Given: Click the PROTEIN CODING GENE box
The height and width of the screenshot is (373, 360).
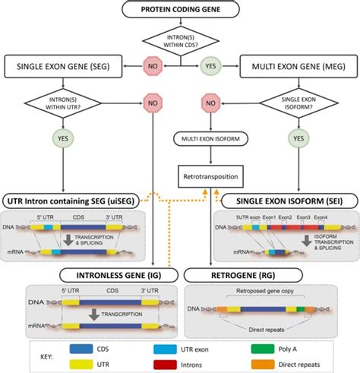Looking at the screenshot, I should point(179,11).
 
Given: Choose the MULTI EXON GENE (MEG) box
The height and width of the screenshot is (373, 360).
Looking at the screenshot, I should point(298,66).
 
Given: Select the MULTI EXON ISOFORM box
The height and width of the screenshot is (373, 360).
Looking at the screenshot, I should point(210,140).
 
